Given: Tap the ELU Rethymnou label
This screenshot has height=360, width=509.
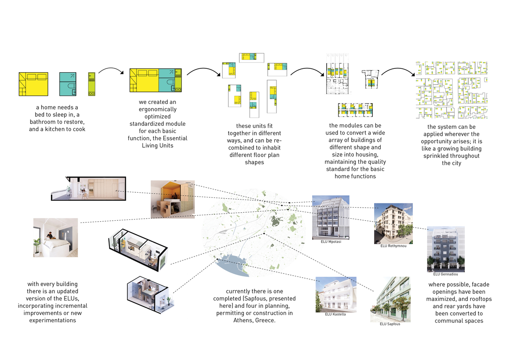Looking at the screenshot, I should coord(394,246).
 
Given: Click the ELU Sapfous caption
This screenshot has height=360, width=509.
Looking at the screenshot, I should coord(390,324).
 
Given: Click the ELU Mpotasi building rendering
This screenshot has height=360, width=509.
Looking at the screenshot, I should coord(330,217).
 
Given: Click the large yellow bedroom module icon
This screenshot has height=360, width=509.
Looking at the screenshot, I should coord(34,84).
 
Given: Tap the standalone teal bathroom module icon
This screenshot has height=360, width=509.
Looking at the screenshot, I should coord(68,83).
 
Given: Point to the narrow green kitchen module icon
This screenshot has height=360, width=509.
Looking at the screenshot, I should coord(91,83).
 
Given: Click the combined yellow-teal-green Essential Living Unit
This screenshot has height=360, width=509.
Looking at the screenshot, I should coord(156,80).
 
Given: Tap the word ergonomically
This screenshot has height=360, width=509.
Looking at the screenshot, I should coord(158,109).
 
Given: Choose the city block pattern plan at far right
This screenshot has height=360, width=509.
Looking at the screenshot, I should coord(451,90).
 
